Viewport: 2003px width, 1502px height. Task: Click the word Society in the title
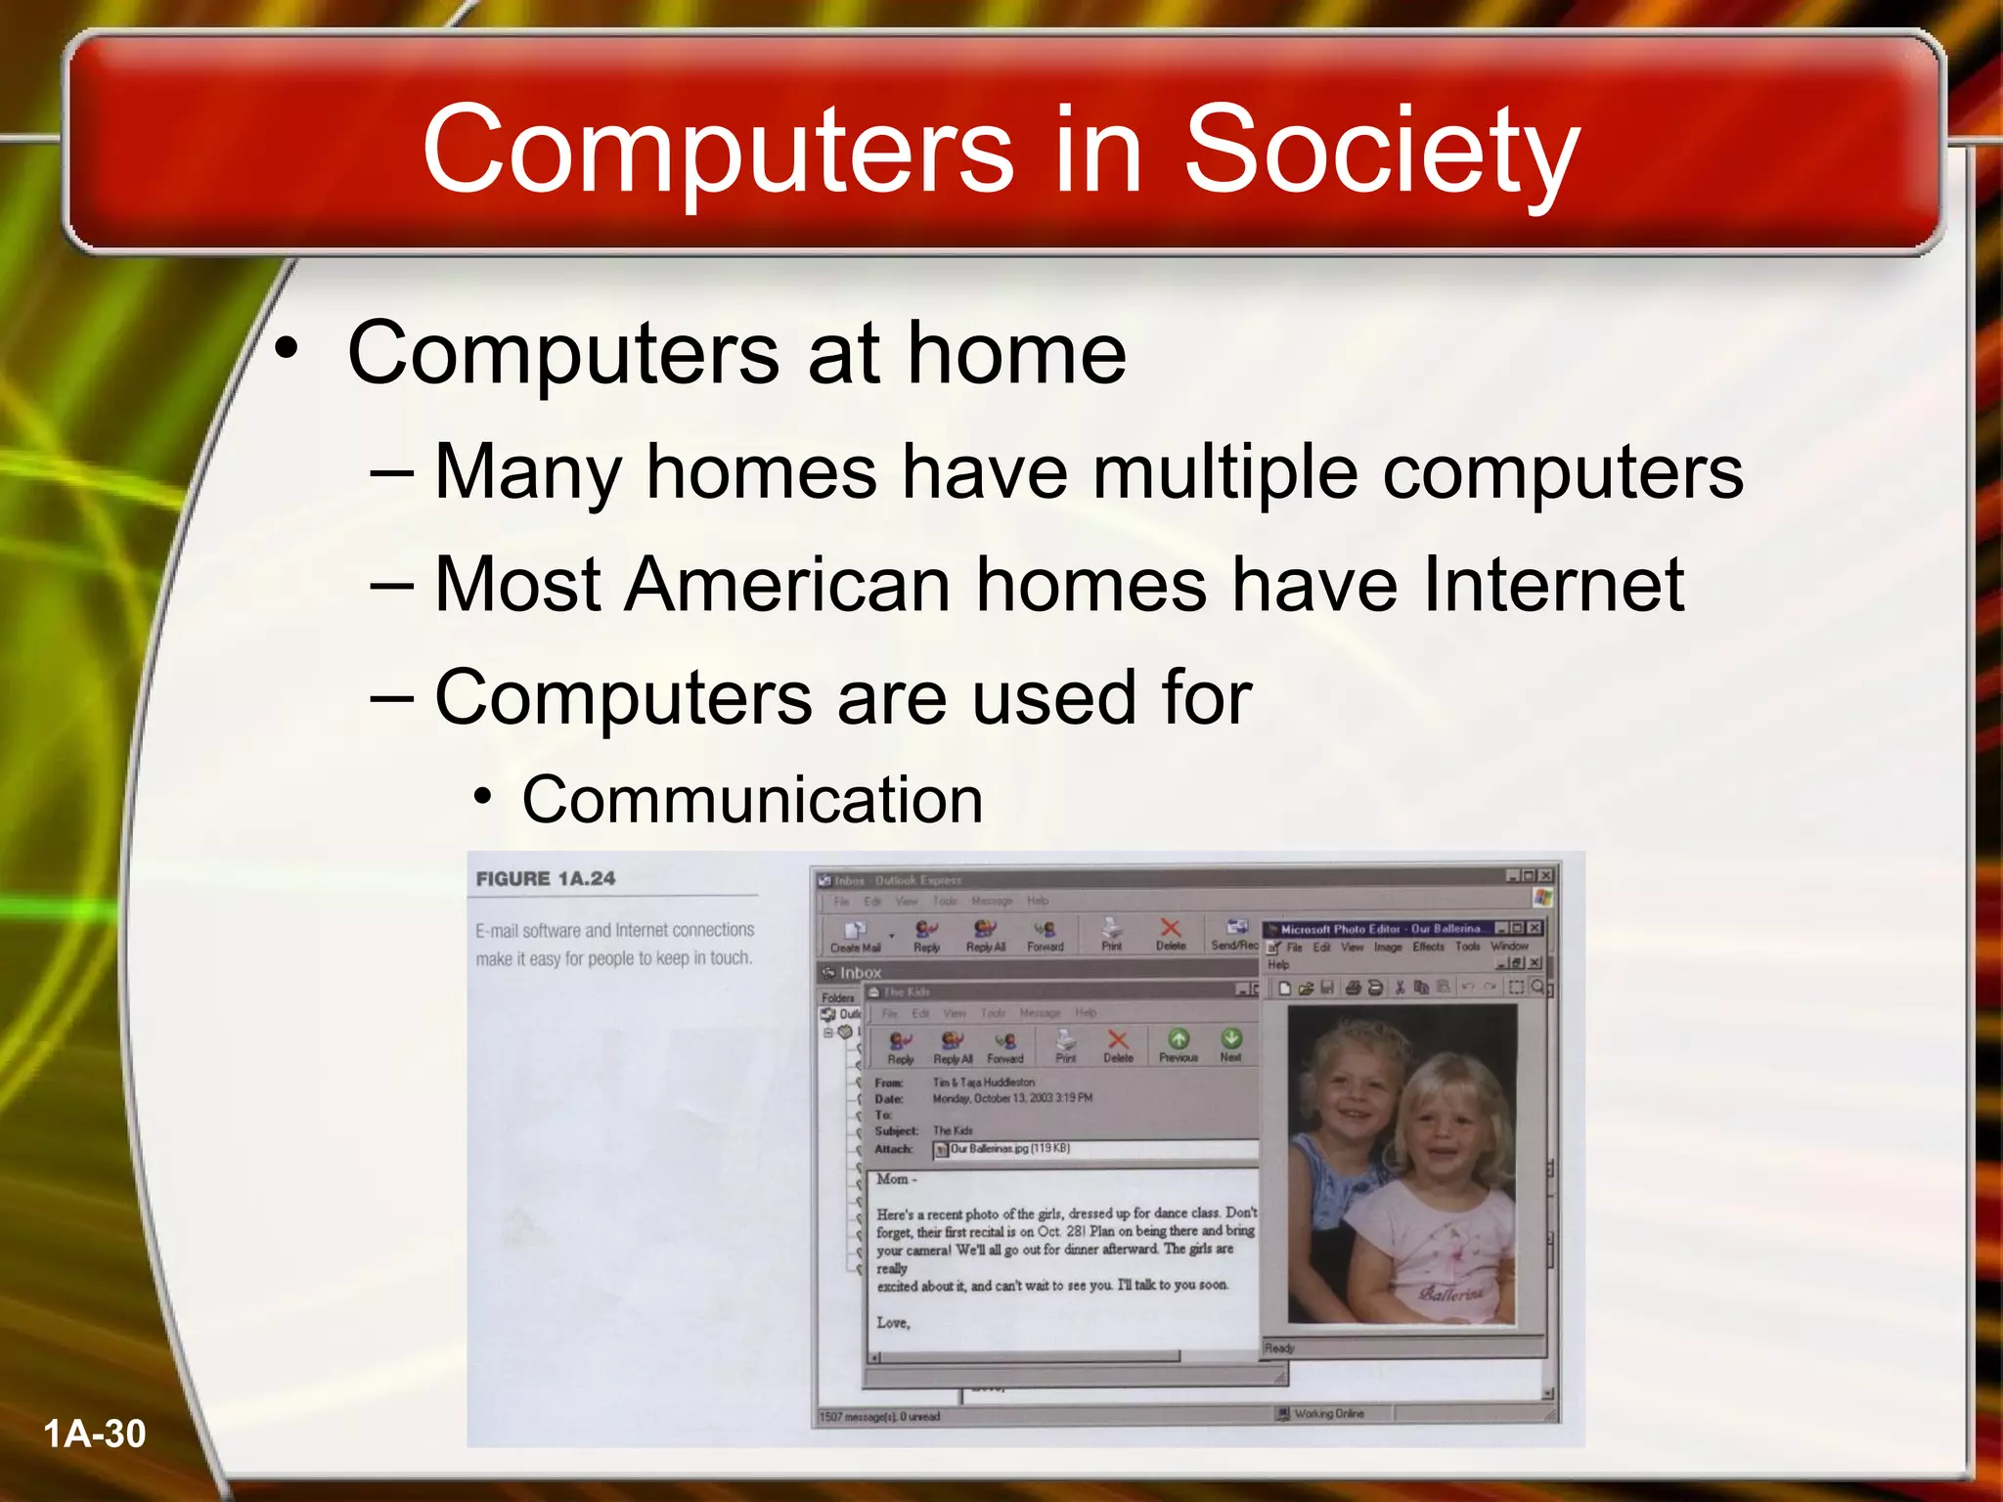coord(1381,152)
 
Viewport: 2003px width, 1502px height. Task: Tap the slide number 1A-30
coord(95,1434)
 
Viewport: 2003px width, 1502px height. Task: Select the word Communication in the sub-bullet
coord(752,800)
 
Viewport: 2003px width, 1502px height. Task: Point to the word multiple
coord(1224,471)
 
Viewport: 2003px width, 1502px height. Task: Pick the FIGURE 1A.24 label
coord(546,878)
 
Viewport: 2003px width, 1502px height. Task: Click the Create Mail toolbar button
coord(856,936)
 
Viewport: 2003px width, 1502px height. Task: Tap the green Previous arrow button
coord(1179,1044)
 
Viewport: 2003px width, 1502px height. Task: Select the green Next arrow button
coord(1231,1044)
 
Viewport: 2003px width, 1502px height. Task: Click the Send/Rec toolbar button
coord(1235,935)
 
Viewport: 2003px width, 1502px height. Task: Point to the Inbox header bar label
coord(861,973)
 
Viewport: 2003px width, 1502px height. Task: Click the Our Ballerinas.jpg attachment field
coord(1095,1149)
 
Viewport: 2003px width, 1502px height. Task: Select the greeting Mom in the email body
coord(892,1179)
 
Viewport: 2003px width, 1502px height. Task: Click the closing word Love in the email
coord(893,1323)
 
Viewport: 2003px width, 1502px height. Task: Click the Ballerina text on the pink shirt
coord(1451,1294)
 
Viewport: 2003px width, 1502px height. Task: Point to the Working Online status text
coord(1328,1414)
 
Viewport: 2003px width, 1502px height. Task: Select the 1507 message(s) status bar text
coord(879,1416)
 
